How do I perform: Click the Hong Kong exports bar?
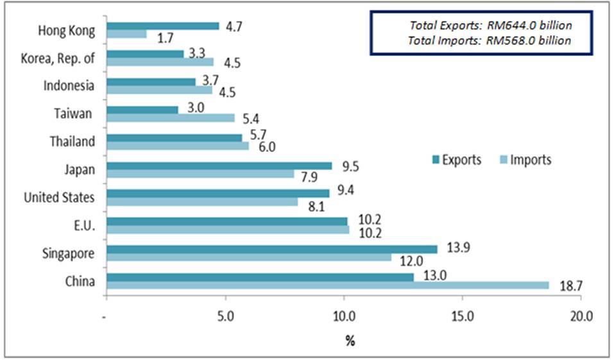point(163,26)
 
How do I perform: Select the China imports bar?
point(328,286)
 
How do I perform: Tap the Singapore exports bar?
point(272,249)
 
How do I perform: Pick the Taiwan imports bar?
point(171,118)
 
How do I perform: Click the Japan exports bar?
point(219,166)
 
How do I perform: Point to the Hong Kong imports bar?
point(126,34)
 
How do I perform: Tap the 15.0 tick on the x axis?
point(463,316)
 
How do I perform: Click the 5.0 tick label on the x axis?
point(225,316)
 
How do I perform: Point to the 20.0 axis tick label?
point(581,316)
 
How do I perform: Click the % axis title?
point(350,341)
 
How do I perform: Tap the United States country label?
point(58,197)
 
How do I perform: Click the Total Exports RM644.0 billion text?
point(490,26)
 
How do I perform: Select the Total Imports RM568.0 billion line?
point(490,41)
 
